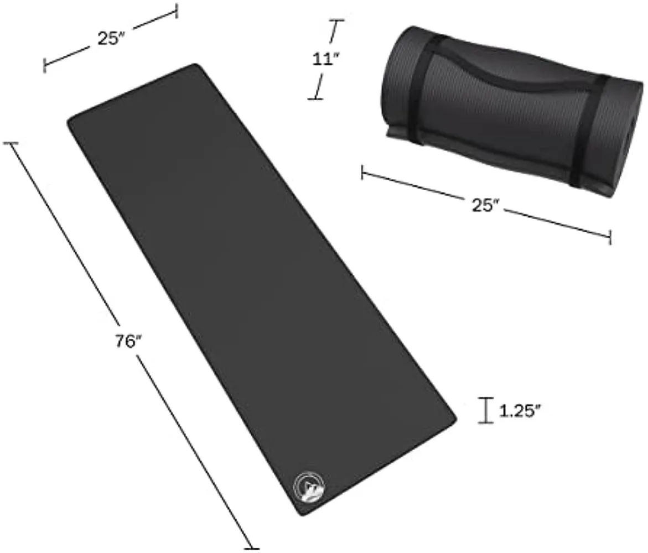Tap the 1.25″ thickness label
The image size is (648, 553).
tap(520, 411)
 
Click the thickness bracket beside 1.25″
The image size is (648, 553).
tap(486, 410)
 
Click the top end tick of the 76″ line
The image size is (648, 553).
tap(11, 143)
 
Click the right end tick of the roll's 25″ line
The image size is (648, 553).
tap(610, 237)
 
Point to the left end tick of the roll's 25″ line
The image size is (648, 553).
tap(362, 173)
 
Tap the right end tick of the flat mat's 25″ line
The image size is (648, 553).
tap(177, 11)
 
